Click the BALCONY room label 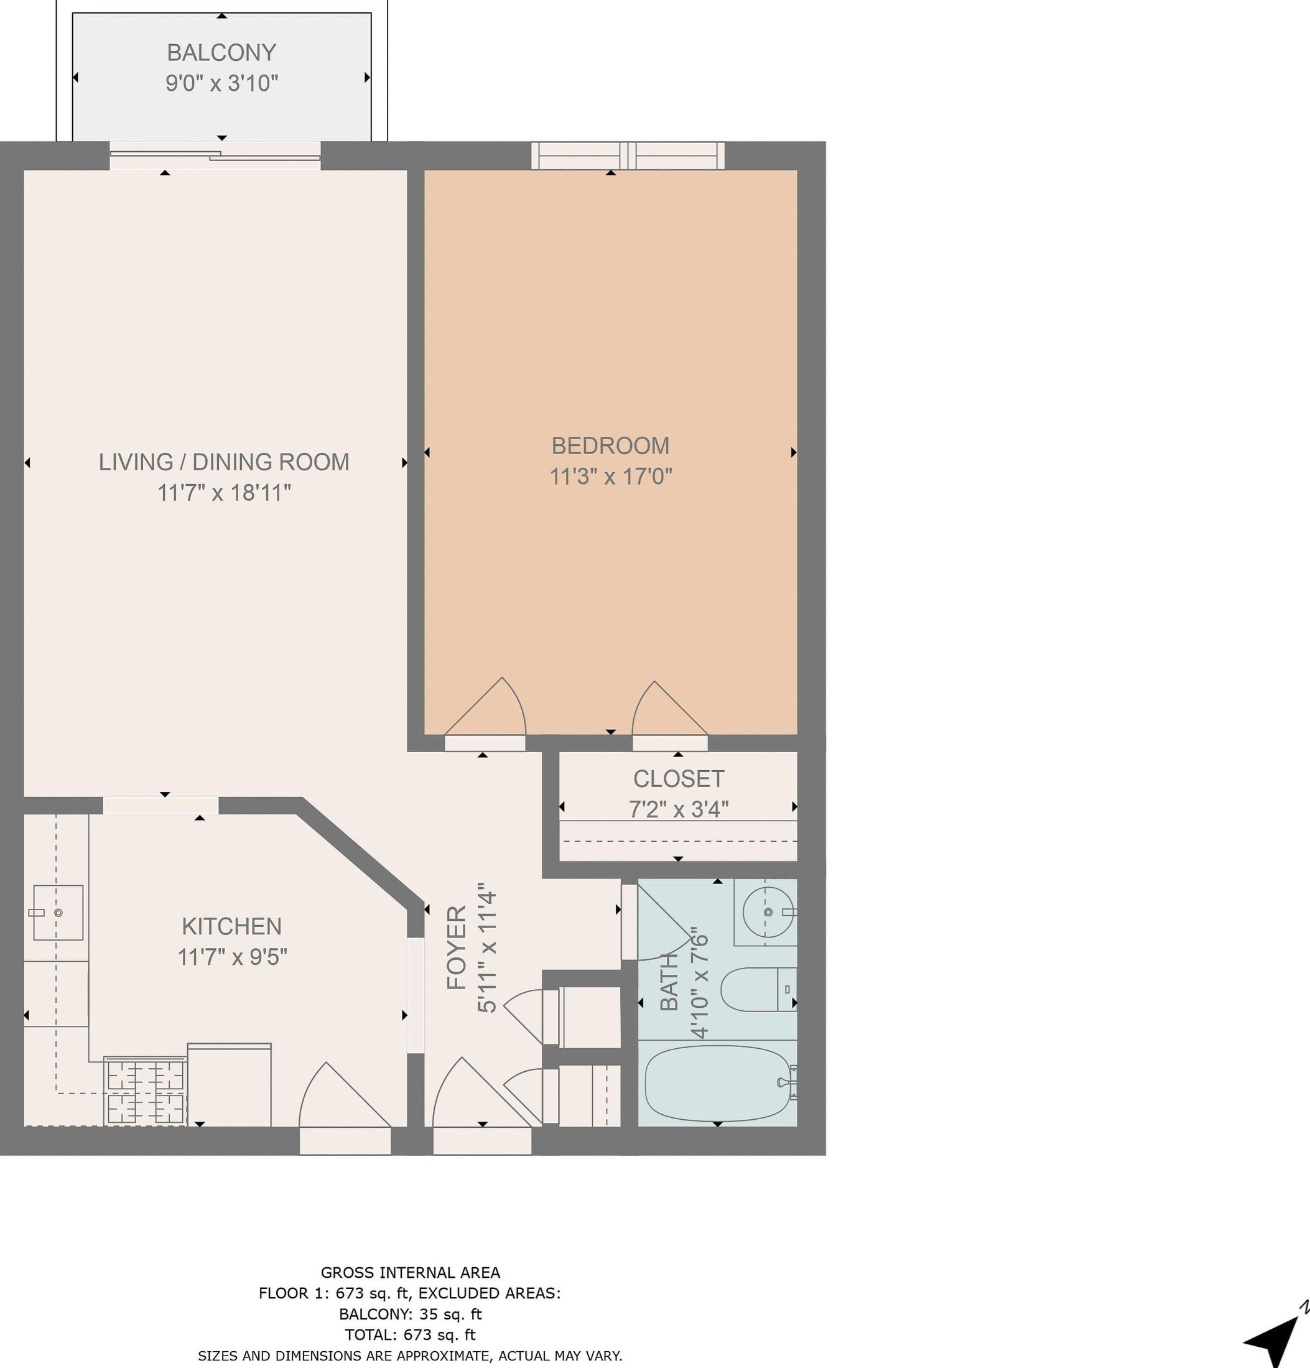221,52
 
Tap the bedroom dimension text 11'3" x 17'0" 611,477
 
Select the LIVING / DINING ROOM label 223,462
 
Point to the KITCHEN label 232,926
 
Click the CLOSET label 679,778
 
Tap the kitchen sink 58,912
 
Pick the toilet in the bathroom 758,989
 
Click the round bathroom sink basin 768,911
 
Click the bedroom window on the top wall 628,155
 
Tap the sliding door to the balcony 215,155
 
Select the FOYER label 457,947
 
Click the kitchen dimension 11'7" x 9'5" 232,957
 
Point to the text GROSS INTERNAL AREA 411,1272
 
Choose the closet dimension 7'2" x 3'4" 679,809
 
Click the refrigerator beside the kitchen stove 229,1084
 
